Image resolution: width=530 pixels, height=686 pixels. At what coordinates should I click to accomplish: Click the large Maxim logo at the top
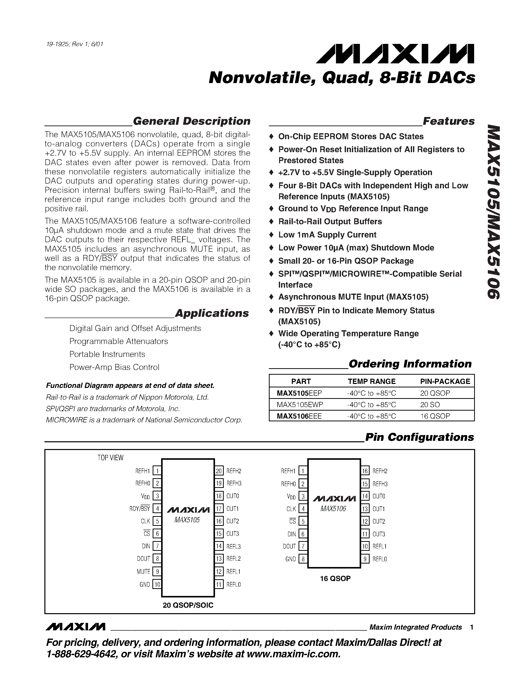click(x=395, y=54)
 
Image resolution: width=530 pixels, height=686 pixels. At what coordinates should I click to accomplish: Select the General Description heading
click(x=191, y=121)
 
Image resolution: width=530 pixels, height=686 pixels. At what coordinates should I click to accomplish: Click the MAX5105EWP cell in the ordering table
click(x=300, y=405)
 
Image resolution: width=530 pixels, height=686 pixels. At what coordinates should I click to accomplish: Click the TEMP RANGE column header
click(x=371, y=381)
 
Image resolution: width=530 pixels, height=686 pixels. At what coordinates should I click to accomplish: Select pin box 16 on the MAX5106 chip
click(x=365, y=471)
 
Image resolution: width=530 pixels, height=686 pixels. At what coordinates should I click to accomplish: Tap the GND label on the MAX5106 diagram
click(x=290, y=559)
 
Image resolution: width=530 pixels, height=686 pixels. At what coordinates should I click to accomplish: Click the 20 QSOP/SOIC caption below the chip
click(x=188, y=605)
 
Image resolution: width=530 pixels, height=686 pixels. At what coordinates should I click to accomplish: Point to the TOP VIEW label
click(x=110, y=458)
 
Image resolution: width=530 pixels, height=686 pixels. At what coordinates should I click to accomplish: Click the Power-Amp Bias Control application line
click(x=114, y=367)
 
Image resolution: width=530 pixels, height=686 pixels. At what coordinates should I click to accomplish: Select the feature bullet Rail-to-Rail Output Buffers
click(x=330, y=222)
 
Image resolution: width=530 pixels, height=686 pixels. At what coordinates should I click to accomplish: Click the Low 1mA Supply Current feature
click(x=327, y=235)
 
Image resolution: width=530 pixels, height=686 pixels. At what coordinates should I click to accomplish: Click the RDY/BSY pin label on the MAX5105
click(x=140, y=509)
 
